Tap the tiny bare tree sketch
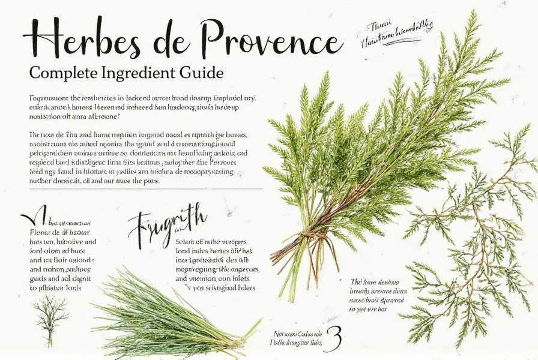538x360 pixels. pos(49,319)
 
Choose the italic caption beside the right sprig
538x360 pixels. pos(378,295)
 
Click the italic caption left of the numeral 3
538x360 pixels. pos(297,339)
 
